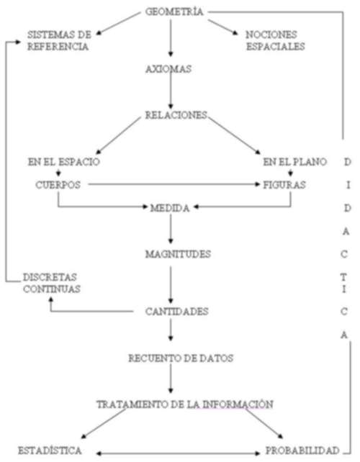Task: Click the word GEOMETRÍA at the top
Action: (x=174, y=12)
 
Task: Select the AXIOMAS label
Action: (x=168, y=69)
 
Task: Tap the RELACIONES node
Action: (x=176, y=115)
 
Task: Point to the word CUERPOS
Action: (x=58, y=185)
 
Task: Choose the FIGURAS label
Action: (x=284, y=185)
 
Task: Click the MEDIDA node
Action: (x=170, y=208)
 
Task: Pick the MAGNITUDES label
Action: (x=178, y=254)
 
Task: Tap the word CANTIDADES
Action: (x=177, y=312)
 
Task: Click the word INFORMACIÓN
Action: (x=238, y=404)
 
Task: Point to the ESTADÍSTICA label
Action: (x=50, y=450)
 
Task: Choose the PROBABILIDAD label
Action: (x=302, y=450)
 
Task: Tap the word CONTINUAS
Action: (x=52, y=289)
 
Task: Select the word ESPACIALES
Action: (x=275, y=47)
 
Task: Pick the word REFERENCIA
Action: (x=58, y=47)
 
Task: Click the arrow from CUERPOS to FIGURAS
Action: (x=174, y=184)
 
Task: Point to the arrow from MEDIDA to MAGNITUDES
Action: (x=171, y=229)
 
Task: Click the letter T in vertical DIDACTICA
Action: (x=343, y=277)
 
